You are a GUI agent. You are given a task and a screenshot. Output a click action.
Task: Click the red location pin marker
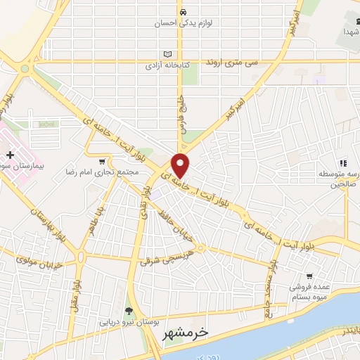pyautogui.click(x=181, y=165)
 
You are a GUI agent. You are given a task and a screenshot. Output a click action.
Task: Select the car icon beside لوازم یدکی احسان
pyautogui.click(x=183, y=11)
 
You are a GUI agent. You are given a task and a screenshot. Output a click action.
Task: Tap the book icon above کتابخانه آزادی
pyautogui.click(x=167, y=54)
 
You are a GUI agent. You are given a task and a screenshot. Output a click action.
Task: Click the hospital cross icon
pyautogui.click(x=9, y=154)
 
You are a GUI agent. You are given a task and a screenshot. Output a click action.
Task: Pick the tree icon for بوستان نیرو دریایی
pyautogui.click(x=128, y=311)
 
